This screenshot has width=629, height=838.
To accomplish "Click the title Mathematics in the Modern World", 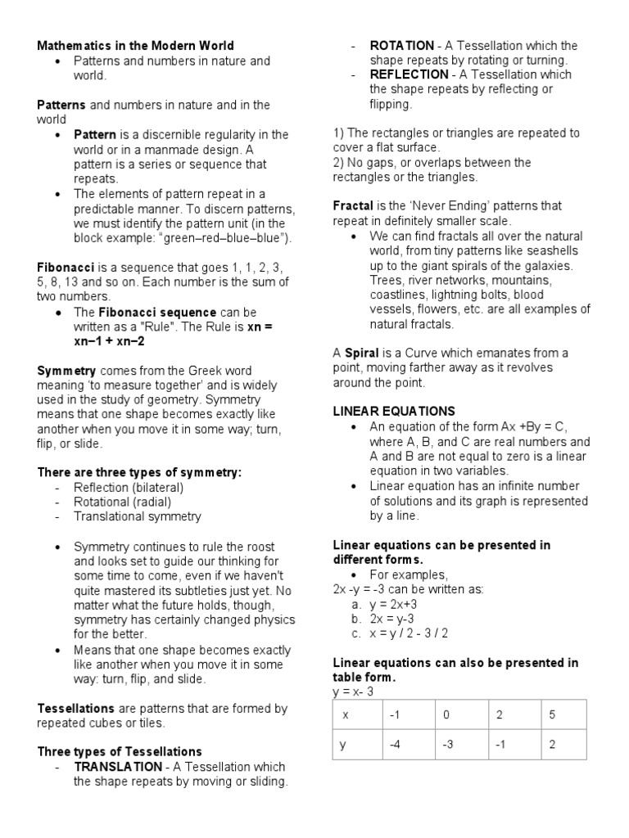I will (135, 46).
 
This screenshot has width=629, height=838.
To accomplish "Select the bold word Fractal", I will (353, 206).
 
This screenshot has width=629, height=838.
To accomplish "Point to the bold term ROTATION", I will (401, 46).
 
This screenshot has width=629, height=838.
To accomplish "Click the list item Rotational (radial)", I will (128, 502).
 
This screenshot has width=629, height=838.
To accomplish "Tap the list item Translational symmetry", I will (137, 517).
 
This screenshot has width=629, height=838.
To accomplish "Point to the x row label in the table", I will (346, 714).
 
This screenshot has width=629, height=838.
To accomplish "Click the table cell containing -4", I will (394, 746).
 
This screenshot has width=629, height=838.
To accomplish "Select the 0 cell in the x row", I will (446, 714).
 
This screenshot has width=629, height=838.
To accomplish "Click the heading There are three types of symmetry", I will (140, 473).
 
